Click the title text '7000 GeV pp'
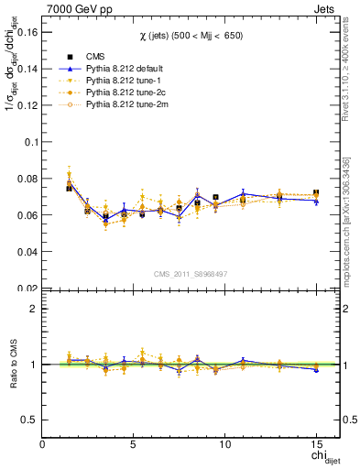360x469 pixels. point(73,7)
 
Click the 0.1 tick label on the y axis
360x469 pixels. point(29,142)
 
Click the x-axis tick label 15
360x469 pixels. point(315,444)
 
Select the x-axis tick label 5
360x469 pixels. point(134,444)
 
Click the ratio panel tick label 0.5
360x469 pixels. point(29,420)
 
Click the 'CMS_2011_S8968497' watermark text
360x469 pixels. point(191,274)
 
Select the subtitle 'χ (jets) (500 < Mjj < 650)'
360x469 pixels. point(191,35)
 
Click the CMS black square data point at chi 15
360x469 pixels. point(316,193)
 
